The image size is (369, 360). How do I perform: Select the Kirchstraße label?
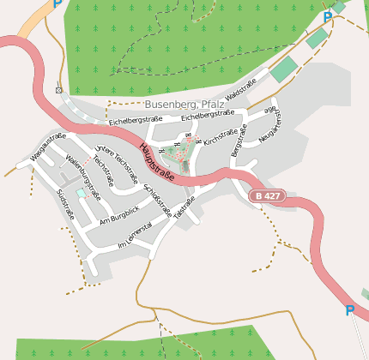tap(221, 135)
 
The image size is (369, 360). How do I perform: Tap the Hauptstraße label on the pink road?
tap(156, 162)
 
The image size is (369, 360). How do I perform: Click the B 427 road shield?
tap(266, 196)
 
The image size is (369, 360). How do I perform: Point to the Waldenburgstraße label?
tap(83, 177)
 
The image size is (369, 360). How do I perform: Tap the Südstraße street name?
tap(65, 205)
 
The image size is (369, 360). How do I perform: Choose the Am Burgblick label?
tap(118, 214)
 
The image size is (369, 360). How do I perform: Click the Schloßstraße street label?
tap(158, 199)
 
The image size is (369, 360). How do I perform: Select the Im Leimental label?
tap(135, 234)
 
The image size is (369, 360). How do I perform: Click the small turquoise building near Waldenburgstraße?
tap(81, 194)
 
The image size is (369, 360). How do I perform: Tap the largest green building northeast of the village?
tap(283, 69)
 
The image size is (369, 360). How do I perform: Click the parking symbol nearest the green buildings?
tap(327, 17)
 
